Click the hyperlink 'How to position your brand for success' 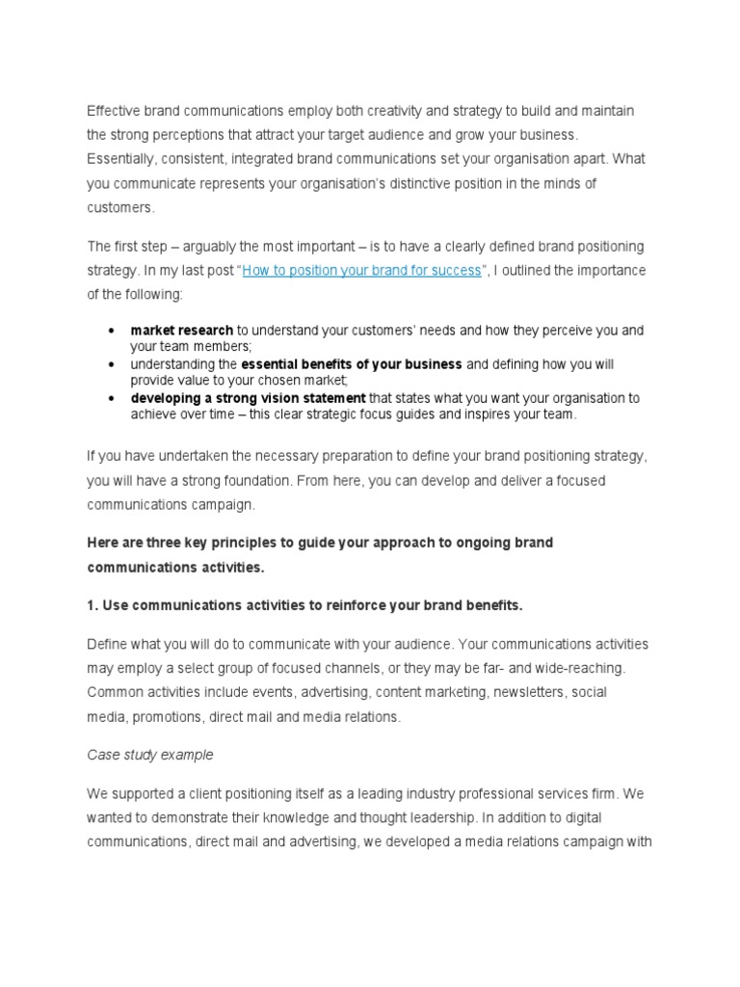361,271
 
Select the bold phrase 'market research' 181,331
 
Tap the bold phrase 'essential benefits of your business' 352,364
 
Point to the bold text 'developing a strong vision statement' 248,398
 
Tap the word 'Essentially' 123,158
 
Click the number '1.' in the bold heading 92,605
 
